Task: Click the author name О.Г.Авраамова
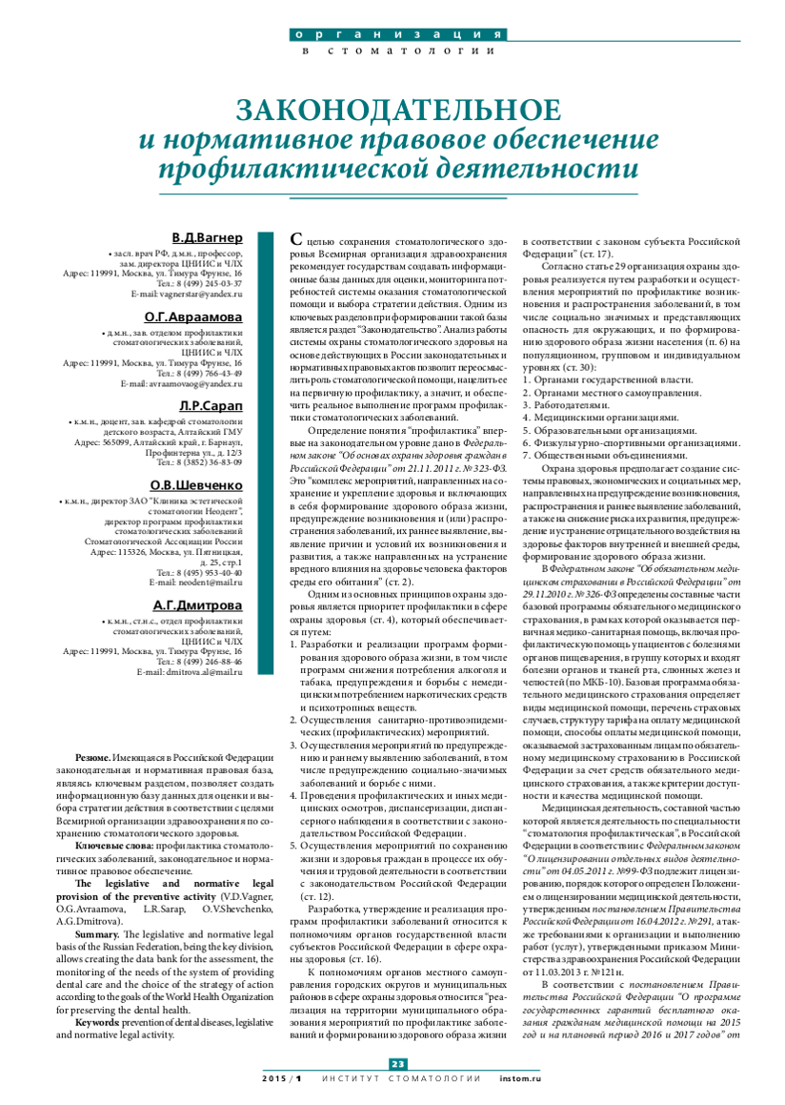click(193, 317)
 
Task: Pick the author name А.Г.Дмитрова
click(198, 604)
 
